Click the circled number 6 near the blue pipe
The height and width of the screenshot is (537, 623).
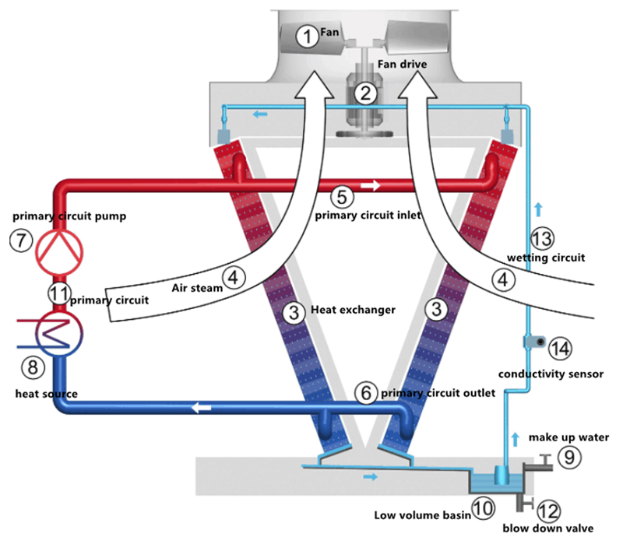[x=364, y=392]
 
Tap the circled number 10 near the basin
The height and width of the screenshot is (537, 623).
[x=483, y=509]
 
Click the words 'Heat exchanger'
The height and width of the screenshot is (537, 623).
[x=353, y=311]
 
